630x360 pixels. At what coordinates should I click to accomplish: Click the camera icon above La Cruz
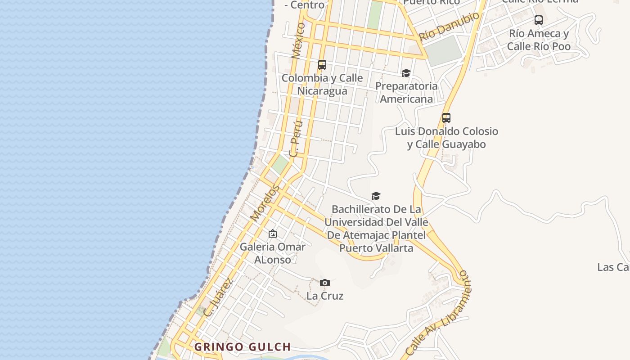coord(325,283)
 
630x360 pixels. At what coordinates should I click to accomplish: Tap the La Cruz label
coord(325,296)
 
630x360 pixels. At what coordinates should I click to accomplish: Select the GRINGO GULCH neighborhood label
coord(243,347)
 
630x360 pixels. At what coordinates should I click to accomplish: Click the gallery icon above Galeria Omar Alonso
coord(272,234)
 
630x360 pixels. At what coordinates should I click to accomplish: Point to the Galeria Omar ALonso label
coord(272,253)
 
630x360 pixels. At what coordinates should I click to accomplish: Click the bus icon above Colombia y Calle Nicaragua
coord(322,64)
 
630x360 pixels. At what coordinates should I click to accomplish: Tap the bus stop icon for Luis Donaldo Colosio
coord(446,118)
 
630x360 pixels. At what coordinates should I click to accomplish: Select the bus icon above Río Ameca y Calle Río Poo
coord(538,20)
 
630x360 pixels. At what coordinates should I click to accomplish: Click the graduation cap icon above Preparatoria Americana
coord(406,73)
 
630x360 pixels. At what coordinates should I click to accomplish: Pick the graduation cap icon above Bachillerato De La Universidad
coord(376,196)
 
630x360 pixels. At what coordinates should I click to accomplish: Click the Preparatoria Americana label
coord(406,92)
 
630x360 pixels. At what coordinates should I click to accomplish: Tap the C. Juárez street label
coord(218,297)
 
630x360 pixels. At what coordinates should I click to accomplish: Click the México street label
coord(298,40)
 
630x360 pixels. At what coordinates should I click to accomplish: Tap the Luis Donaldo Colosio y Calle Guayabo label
coord(446,138)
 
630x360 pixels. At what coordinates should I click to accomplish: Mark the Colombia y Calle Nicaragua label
coord(322,84)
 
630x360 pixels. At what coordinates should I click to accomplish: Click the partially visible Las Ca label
coord(613,267)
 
